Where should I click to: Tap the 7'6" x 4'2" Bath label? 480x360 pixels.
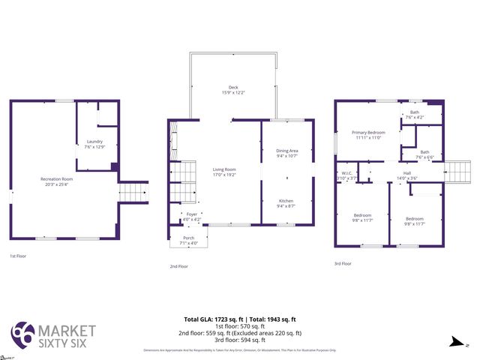[415, 115]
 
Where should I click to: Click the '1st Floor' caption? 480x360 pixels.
[18, 256]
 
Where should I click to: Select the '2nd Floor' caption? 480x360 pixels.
[178, 266]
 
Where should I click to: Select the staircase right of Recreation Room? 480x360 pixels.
[133, 193]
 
